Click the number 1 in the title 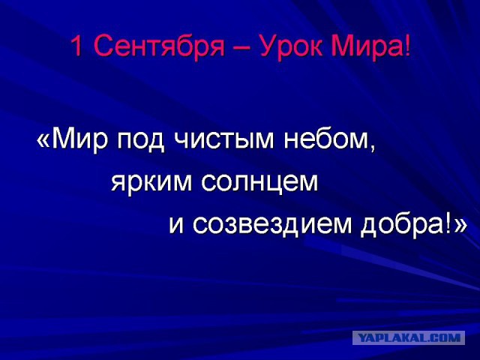tap(76, 48)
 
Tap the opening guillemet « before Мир tap(44, 142)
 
